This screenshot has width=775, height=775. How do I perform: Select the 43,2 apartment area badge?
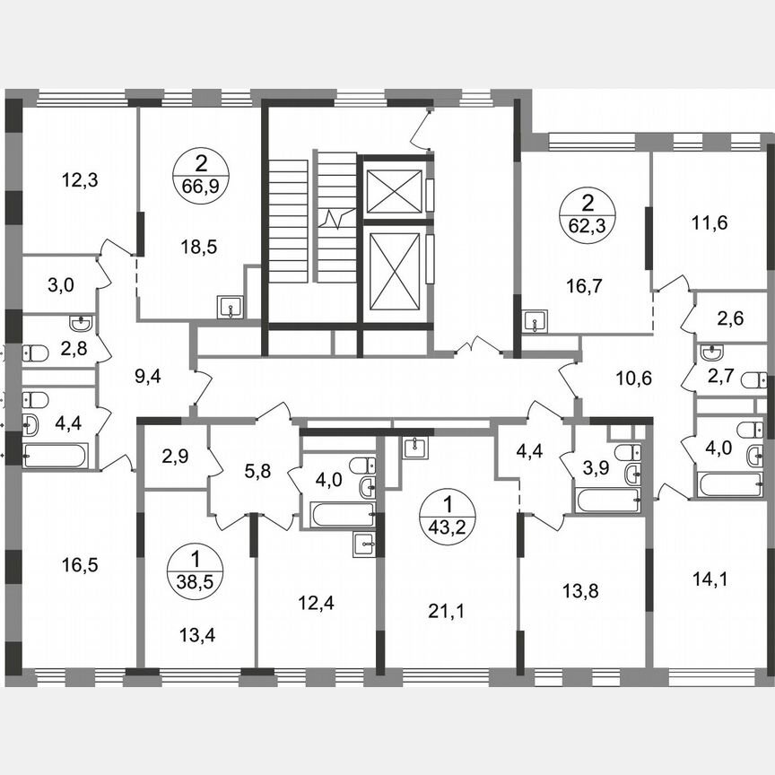tap(446, 510)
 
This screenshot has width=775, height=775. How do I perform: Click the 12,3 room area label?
tap(80, 179)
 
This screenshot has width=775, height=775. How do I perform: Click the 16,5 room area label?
tap(80, 564)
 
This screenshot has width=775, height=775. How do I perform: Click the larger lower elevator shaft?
tap(395, 272)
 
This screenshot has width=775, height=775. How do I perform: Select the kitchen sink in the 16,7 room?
tap(536, 320)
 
